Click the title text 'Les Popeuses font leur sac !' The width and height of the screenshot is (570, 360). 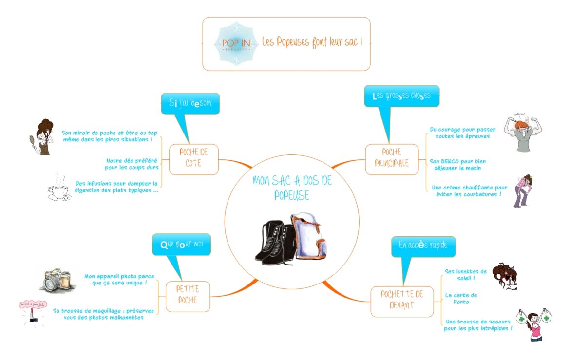click(312, 42)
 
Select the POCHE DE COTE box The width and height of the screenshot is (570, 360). click(193, 158)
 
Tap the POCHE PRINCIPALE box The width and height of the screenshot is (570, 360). click(392, 158)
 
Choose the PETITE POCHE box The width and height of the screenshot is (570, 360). click(188, 295)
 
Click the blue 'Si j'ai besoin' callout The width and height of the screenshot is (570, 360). click(190, 103)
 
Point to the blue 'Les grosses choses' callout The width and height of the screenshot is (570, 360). click(401, 96)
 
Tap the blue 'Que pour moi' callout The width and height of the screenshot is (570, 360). click(181, 244)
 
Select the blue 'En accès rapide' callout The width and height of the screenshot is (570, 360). click(423, 246)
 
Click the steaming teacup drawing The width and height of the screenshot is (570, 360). click(59, 189)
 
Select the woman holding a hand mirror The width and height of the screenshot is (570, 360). click(40, 137)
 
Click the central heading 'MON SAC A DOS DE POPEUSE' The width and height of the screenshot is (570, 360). click(292, 188)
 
